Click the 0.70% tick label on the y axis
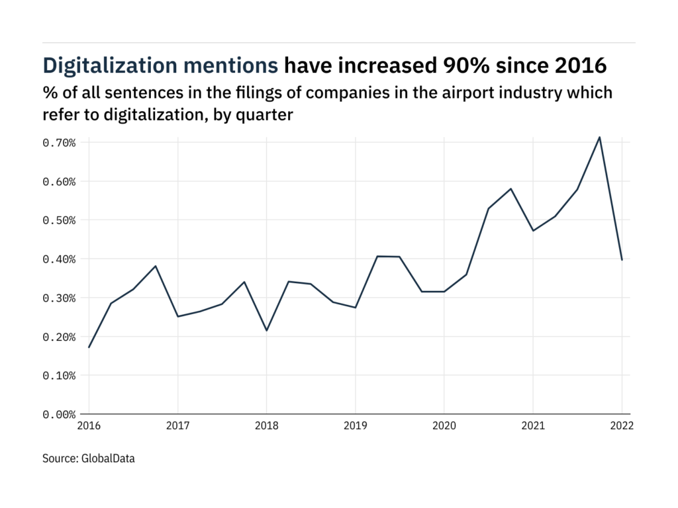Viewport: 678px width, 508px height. click(x=58, y=143)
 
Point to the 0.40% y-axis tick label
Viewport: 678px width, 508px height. click(x=58, y=259)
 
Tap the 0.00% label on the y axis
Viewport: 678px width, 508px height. click(x=58, y=415)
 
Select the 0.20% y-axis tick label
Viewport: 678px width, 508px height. click(x=58, y=337)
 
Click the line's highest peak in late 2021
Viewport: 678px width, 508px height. click(x=600, y=137)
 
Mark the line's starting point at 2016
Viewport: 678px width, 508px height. click(x=89, y=347)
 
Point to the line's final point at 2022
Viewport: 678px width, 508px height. click(x=622, y=260)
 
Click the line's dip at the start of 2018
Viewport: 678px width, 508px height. click(x=266, y=330)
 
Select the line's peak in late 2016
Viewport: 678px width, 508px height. click(x=156, y=266)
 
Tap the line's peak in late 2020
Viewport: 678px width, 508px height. click(x=510, y=189)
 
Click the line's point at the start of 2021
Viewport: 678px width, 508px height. click(x=533, y=230)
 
